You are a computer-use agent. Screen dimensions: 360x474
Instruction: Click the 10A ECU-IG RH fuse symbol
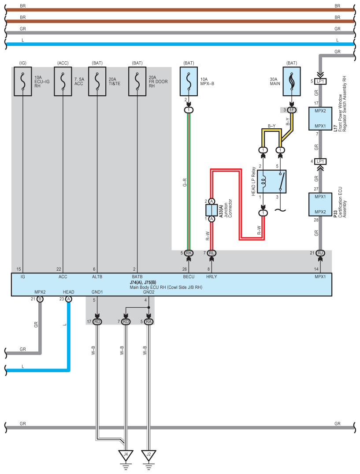pyautogui.click(x=22, y=81)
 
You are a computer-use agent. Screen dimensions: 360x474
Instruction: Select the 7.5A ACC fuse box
pyautogui.click(x=63, y=81)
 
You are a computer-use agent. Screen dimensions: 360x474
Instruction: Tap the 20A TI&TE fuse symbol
pyautogui.click(x=97, y=81)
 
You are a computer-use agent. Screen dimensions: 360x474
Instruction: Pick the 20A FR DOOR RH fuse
pyautogui.click(x=137, y=81)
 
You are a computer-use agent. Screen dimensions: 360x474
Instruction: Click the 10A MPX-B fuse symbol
pyautogui.click(x=189, y=81)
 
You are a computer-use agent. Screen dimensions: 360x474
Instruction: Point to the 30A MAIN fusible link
pyautogui.click(x=292, y=81)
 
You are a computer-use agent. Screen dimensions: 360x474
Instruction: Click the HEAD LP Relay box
pyautogui.click(x=271, y=182)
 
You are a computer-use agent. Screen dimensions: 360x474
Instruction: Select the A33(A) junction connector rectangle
pyautogui.click(x=212, y=210)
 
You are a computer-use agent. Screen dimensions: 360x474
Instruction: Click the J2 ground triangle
pyautogui.click(x=148, y=455)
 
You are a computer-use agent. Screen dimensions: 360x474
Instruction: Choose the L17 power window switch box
pyautogui.click(x=320, y=119)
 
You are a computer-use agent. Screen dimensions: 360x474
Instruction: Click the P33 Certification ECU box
pyautogui.click(x=320, y=204)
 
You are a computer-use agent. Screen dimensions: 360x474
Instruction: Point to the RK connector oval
pyautogui.click(x=189, y=253)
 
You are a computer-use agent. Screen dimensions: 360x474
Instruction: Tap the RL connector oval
pyautogui.click(x=212, y=253)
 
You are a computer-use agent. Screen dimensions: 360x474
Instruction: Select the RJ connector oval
pyautogui.click(x=320, y=253)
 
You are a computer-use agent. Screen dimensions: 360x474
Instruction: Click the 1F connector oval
pyautogui.click(x=292, y=110)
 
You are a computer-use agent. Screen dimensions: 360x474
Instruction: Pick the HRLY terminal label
pyautogui.click(x=212, y=276)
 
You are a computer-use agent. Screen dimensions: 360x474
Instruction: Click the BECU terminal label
pyautogui.click(x=189, y=276)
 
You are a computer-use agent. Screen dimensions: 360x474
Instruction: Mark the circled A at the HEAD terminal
pyautogui.click(x=69, y=299)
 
